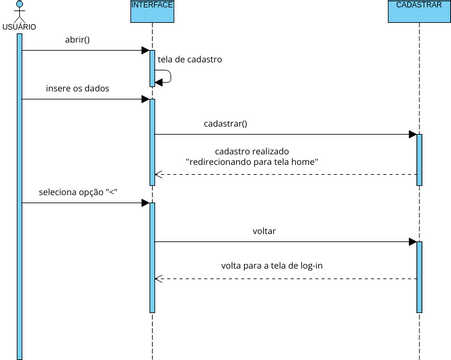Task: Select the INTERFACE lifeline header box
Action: coord(152,6)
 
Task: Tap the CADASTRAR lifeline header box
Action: coord(419,6)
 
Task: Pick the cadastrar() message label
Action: coord(225,124)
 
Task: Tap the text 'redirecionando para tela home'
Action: coord(252,161)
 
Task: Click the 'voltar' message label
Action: coord(264,231)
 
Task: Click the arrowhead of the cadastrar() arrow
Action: coord(411,134)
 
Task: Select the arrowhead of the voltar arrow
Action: coord(411,241)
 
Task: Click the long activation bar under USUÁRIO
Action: coord(19,190)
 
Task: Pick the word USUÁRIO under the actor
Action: coord(19,26)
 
